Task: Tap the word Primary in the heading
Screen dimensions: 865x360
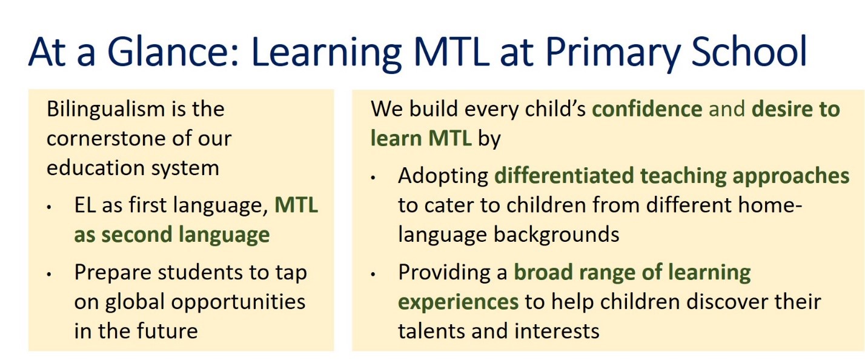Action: pos(612,53)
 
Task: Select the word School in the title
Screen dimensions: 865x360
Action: pos(749,52)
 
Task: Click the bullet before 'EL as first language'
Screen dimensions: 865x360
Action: pos(49,207)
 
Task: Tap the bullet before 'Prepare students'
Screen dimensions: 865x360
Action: pos(49,275)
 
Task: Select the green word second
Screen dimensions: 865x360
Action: pos(136,235)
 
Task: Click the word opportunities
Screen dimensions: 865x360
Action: pos(238,302)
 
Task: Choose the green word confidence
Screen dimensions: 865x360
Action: pos(647,109)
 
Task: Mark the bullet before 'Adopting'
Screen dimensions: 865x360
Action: pos(373,178)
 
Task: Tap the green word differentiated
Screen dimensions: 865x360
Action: pos(564,176)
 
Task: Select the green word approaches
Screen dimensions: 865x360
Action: pos(791,177)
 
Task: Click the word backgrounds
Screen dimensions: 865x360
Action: pos(557,235)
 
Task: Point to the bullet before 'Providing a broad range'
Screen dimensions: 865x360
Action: pos(373,275)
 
